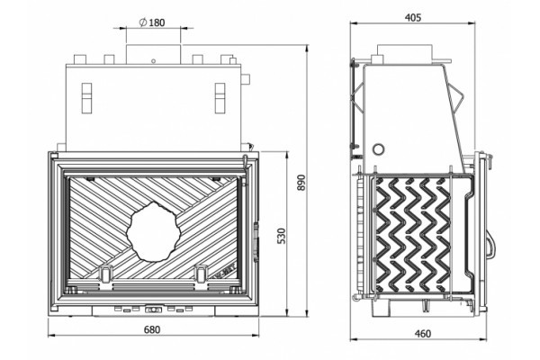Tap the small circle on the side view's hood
pyautogui.click(x=379, y=147)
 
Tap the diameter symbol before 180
pyautogui.click(x=143, y=21)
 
